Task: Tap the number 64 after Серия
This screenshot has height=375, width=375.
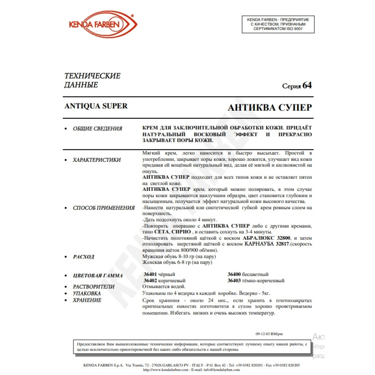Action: coord(307,85)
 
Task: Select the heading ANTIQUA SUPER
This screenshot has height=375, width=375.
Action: coord(96,106)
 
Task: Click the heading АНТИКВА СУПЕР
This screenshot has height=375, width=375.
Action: coord(270,108)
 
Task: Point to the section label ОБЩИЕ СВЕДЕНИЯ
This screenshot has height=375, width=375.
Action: coord(97,129)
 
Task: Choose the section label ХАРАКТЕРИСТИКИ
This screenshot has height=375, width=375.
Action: coord(97,160)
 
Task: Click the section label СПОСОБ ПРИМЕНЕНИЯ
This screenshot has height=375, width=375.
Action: coord(103,208)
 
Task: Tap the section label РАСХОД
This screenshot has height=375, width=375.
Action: coord(84,257)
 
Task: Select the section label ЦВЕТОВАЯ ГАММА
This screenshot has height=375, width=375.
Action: coord(97,276)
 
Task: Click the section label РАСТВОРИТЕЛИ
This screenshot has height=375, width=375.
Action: coord(94,287)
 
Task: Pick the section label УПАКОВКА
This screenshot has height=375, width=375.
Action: coord(87,293)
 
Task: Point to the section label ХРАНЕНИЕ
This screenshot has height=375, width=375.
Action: coord(87,300)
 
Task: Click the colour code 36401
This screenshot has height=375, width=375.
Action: coord(150,274)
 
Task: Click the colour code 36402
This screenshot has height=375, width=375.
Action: coord(150,280)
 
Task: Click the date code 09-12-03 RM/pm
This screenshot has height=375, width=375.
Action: coord(269,333)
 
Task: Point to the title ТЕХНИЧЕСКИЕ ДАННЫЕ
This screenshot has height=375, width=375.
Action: coord(93,80)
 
